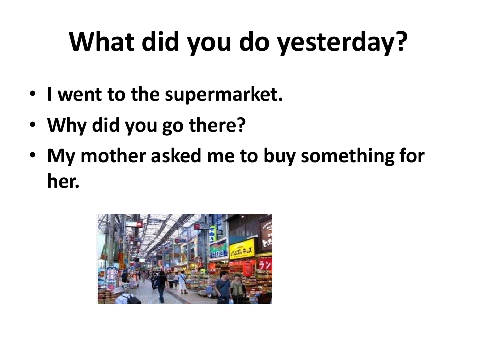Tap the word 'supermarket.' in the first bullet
click(x=224, y=94)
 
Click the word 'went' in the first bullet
click(x=80, y=94)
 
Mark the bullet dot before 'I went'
click(x=33, y=94)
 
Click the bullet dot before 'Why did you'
click(x=33, y=125)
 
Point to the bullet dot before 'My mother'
click(x=33, y=155)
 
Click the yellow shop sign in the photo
click(x=242, y=248)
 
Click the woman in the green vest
click(x=238, y=290)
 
